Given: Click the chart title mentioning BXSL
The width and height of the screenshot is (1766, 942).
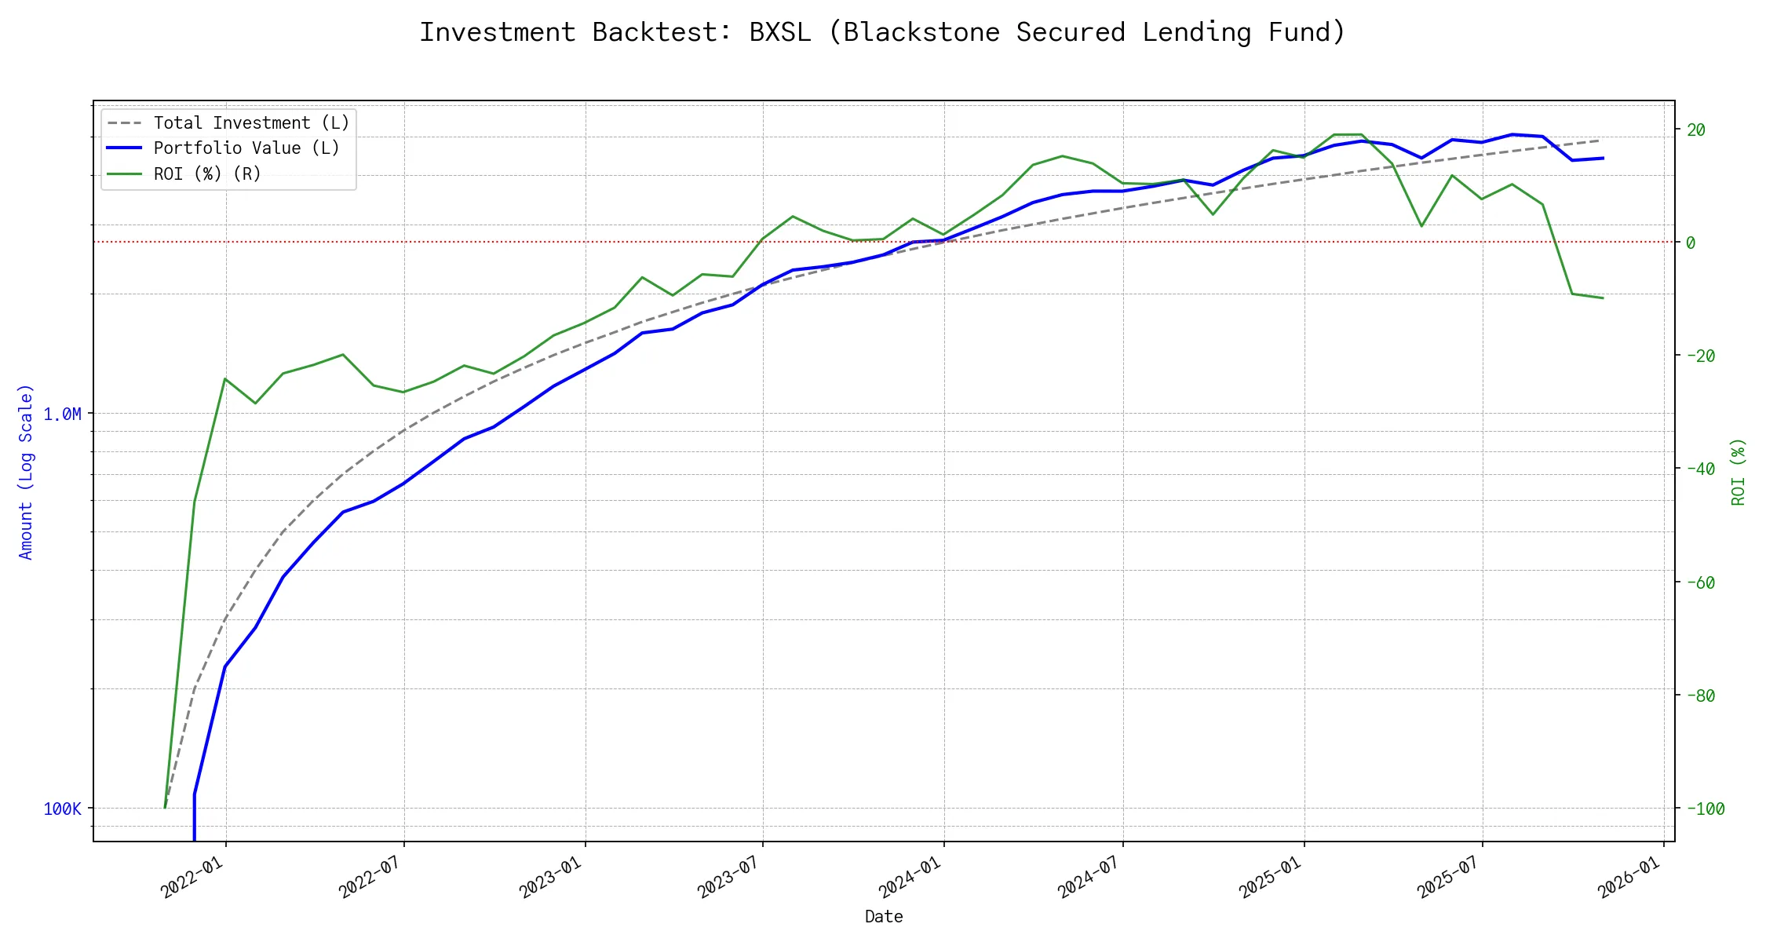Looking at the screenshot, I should [882, 33].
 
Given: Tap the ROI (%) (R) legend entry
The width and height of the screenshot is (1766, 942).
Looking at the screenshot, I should [207, 173].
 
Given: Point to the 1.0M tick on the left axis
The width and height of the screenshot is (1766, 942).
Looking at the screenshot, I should [62, 414].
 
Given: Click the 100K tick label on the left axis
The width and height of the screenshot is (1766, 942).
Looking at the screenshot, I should [62, 809].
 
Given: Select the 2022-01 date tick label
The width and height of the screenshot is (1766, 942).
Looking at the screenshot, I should [192, 877].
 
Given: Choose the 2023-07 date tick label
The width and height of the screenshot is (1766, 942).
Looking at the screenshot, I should [728, 877].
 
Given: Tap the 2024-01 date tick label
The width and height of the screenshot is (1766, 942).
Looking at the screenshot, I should [910, 877].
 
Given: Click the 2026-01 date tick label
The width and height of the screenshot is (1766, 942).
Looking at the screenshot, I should [1629, 877].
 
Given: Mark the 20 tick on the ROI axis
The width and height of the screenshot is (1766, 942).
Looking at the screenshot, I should [1695, 130].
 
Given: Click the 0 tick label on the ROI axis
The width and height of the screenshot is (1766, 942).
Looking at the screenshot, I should [1691, 243].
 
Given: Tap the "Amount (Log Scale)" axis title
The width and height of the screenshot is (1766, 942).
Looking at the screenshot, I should [27, 471].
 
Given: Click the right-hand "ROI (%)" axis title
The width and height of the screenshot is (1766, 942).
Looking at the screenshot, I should [1738, 471].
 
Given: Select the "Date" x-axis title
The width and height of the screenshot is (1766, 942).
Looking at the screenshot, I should [884, 916].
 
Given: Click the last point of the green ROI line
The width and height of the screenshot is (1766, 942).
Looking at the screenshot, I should [1603, 298].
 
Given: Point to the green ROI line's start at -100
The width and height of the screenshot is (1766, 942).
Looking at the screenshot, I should [165, 807].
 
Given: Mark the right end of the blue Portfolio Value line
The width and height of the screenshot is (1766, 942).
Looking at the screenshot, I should [1603, 158].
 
